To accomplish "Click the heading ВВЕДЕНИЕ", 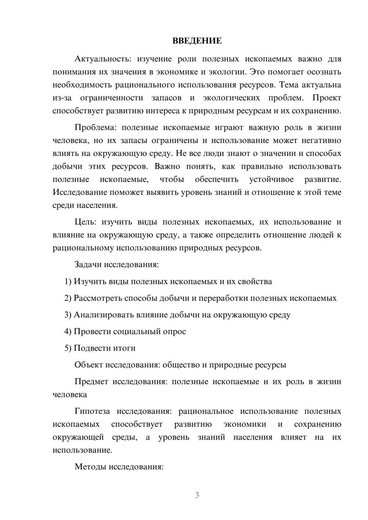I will (x=197, y=41).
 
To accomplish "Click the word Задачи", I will (x=88, y=264).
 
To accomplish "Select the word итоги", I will (x=124, y=348).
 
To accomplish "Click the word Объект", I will (x=89, y=365).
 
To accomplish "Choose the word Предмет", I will (x=91, y=381).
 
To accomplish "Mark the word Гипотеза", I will (x=92, y=411).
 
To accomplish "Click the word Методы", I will (x=88, y=467).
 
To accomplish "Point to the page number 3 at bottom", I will (x=197, y=495).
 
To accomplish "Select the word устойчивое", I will (x=271, y=179).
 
